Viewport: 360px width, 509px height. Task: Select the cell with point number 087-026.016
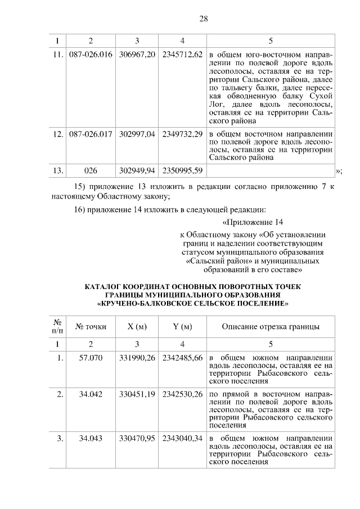[x=91, y=56]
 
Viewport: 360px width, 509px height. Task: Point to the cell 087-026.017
[x=91, y=135]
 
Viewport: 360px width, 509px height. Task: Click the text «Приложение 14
[x=252, y=223]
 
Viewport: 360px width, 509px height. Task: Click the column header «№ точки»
[x=91, y=327]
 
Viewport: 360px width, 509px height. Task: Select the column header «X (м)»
[x=137, y=327]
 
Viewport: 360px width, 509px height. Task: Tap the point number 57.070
[x=91, y=358]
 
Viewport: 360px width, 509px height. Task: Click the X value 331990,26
[x=137, y=358]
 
